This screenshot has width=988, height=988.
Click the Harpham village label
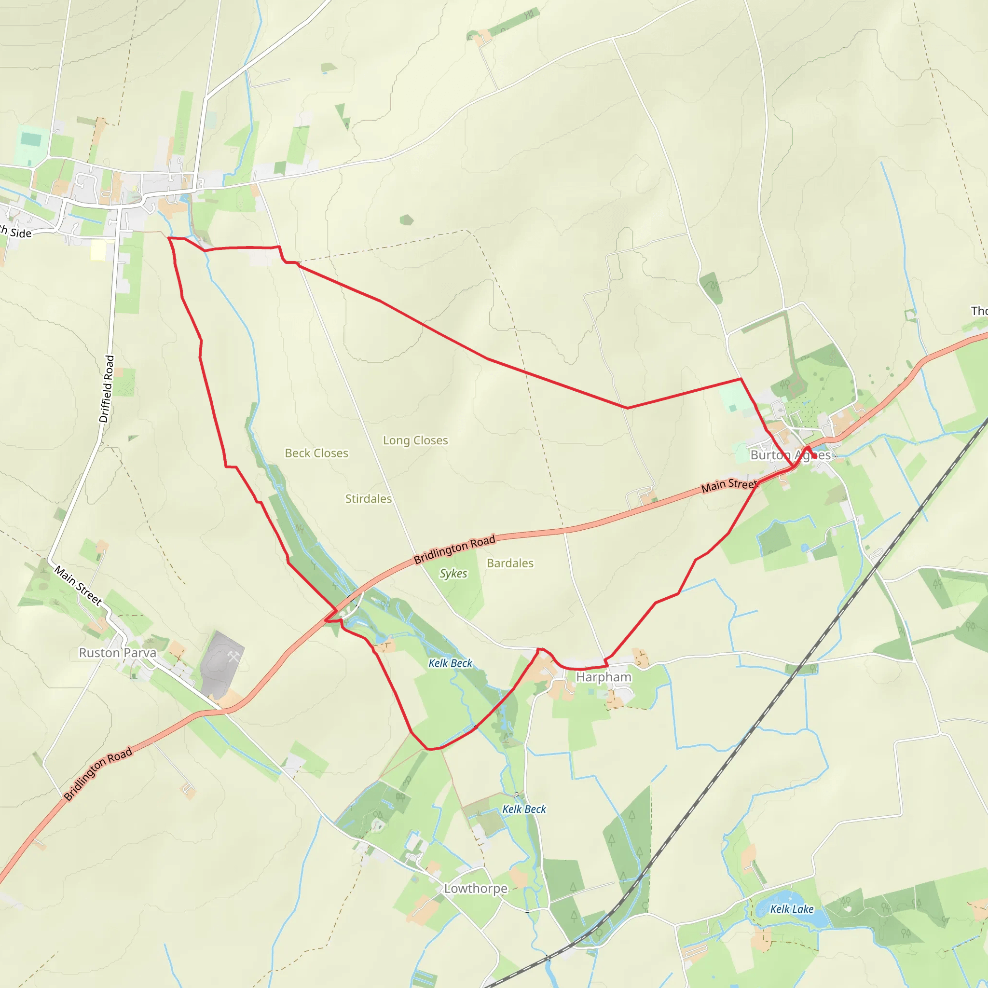pyautogui.click(x=604, y=677)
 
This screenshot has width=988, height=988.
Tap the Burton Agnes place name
pyautogui.click(x=790, y=455)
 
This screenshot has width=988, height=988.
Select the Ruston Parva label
pyautogui.click(x=117, y=653)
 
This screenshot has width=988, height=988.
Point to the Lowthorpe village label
pyautogui.click(x=476, y=888)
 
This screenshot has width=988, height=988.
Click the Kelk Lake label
pyautogui.click(x=792, y=909)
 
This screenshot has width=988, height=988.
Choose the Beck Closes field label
pyautogui.click(x=316, y=453)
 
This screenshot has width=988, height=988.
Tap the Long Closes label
pyautogui.click(x=415, y=440)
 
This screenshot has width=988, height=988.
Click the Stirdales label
pyautogui.click(x=368, y=499)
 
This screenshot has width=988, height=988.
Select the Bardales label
pyautogui.click(x=510, y=563)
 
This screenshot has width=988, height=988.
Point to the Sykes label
pyautogui.click(x=453, y=574)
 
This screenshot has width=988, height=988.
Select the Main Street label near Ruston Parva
pyautogui.click(x=78, y=586)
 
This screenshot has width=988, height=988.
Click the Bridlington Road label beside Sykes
pyautogui.click(x=454, y=549)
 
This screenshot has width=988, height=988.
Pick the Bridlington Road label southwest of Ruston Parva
pyautogui.click(x=98, y=774)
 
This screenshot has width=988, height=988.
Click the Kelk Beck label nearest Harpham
pyautogui.click(x=450, y=663)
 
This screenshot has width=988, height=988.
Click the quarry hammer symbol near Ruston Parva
pyautogui.click(x=233, y=657)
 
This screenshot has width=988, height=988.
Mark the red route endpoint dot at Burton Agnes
pyautogui.click(x=814, y=455)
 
